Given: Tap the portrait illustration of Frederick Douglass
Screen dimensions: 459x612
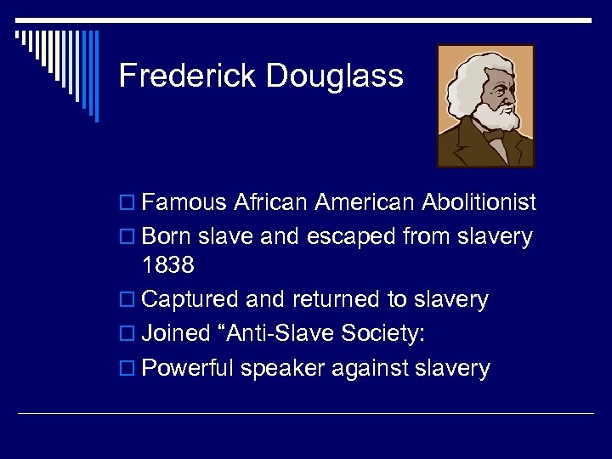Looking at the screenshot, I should (x=485, y=105).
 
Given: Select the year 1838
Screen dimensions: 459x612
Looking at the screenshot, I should (x=168, y=265).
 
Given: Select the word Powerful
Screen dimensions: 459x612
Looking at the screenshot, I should (x=188, y=368).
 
